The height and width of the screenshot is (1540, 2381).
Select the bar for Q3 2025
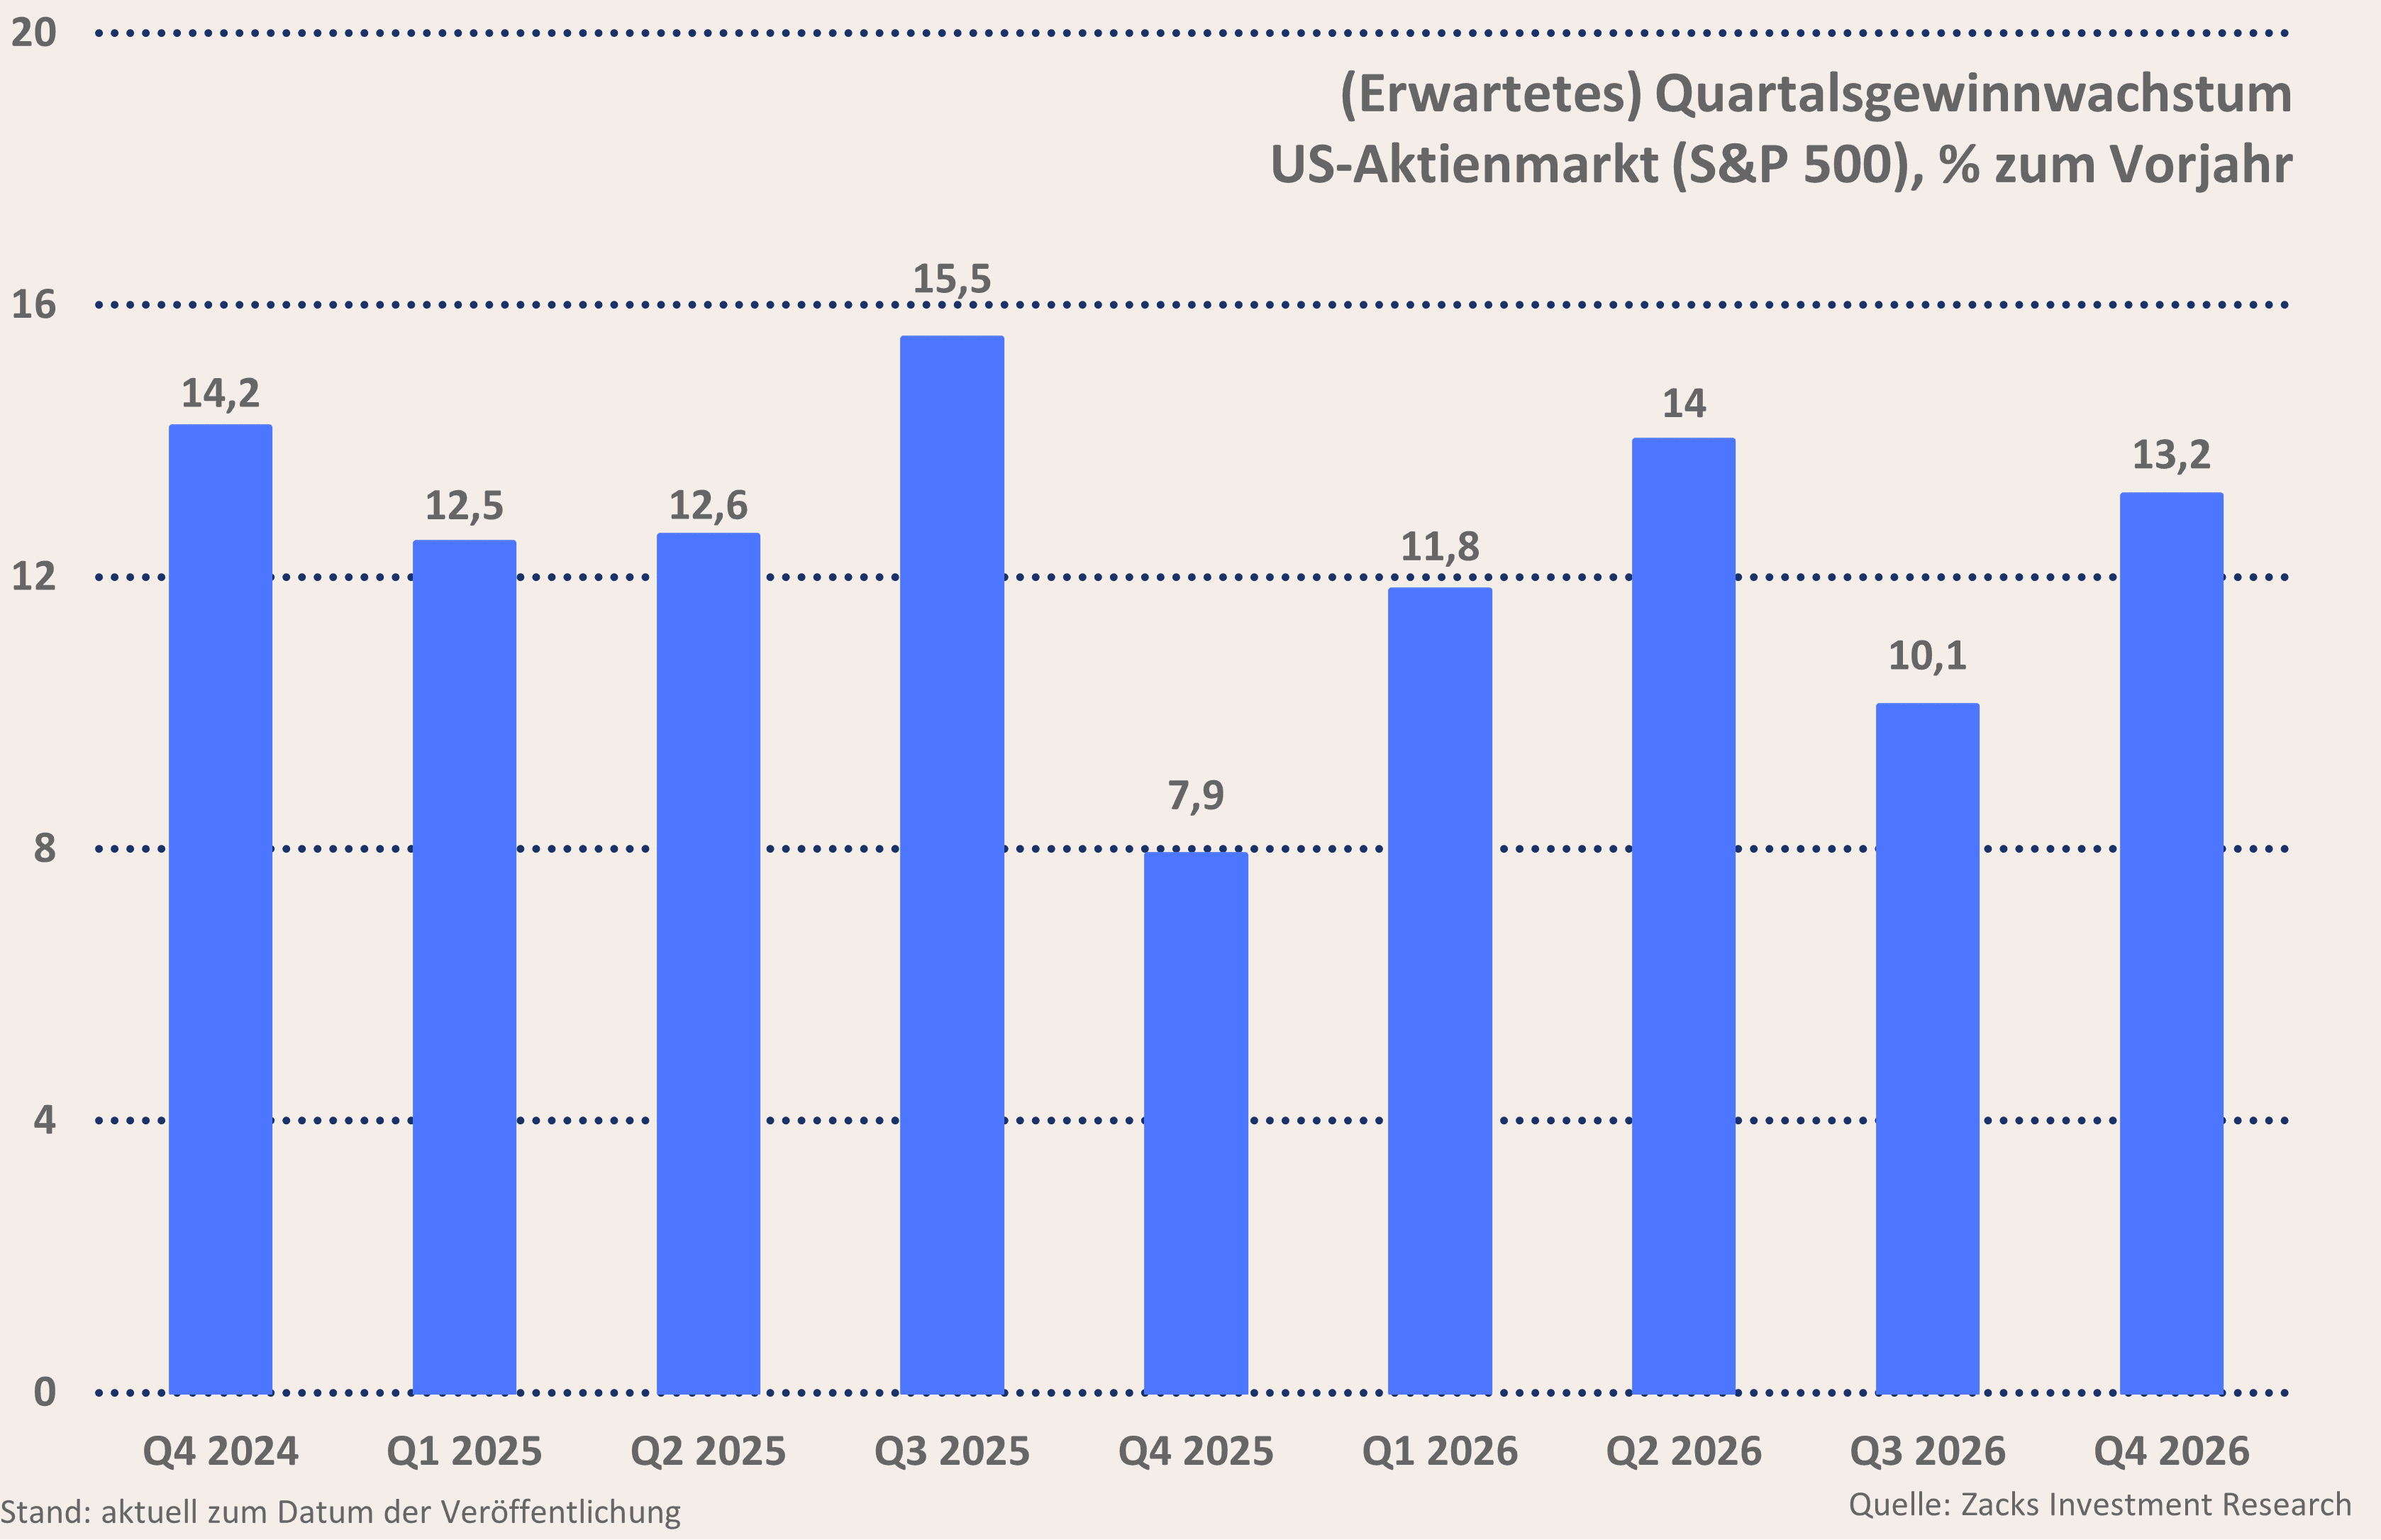(952, 865)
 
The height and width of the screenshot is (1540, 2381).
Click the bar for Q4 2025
(1196, 1122)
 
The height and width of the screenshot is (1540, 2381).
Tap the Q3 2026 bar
(1927, 1048)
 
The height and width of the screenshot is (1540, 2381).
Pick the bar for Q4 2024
(220, 908)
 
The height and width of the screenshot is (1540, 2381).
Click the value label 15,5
(952, 279)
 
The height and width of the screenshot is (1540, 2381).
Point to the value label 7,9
(1196, 796)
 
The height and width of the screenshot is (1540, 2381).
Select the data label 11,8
(1439, 547)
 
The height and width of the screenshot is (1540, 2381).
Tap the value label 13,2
(2171, 455)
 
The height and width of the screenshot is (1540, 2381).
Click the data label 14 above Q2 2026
(1683, 404)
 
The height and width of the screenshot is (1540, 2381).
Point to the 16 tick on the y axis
(34, 305)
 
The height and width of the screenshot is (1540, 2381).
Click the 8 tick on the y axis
(44, 848)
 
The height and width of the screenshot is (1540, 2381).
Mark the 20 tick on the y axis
(34, 33)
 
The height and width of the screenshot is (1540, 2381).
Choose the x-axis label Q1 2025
(464, 1451)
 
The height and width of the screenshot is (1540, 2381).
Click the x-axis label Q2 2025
(708, 1451)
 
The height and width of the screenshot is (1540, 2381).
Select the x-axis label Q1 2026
(1439, 1451)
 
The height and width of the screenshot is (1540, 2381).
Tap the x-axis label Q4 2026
(2171, 1451)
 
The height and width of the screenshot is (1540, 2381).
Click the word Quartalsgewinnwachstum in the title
(1973, 95)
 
